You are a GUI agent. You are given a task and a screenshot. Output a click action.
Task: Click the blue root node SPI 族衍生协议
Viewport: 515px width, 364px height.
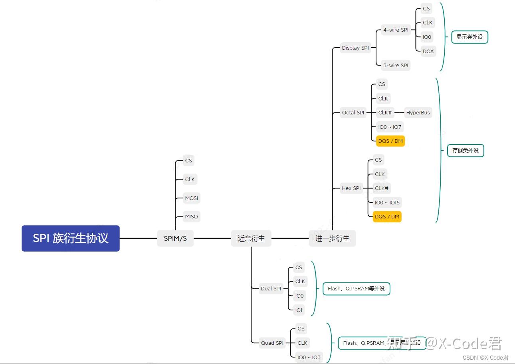click(x=71, y=238)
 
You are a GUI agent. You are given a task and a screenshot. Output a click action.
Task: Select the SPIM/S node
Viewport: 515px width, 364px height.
click(x=175, y=238)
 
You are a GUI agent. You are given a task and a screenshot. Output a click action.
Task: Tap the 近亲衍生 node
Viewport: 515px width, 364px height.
click(x=251, y=238)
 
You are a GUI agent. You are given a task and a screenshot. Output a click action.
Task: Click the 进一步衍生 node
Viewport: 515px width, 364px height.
click(x=332, y=238)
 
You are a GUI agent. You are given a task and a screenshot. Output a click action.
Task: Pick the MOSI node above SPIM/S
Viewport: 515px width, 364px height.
click(x=191, y=198)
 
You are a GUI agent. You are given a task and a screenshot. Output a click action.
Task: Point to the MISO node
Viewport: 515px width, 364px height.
click(x=191, y=216)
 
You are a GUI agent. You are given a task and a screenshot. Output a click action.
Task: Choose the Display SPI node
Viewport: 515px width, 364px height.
click(x=355, y=48)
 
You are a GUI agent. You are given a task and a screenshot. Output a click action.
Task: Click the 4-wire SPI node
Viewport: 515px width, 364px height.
click(x=396, y=30)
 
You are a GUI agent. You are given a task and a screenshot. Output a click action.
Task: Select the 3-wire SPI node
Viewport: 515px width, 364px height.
click(x=396, y=65)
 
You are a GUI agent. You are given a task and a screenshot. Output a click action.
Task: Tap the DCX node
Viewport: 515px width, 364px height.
click(x=428, y=51)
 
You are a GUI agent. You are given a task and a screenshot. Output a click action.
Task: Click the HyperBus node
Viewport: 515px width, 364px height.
click(x=418, y=112)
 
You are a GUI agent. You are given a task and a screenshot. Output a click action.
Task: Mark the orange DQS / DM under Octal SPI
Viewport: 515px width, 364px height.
click(x=390, y=141)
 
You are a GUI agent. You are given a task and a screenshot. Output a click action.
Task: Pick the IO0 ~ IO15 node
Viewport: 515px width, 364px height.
click(x=387, y=202)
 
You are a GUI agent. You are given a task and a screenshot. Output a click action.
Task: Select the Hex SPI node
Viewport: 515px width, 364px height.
click(x=351, y=188)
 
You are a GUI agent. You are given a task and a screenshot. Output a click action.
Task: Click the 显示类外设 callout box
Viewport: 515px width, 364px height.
click(x=469, y=37)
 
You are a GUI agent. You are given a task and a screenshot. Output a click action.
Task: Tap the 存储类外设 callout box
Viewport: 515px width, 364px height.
click(x=465, y=151)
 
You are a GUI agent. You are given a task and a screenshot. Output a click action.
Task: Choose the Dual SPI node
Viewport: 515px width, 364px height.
click(x=271, y=288)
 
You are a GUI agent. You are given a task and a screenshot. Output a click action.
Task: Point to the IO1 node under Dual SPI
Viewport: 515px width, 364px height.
click(x=299, y=310)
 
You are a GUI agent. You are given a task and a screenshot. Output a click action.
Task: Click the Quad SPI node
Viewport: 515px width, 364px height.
click(x=272, y=343)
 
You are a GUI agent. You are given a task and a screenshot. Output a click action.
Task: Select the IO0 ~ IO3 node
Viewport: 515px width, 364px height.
click(x=309, y=357)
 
